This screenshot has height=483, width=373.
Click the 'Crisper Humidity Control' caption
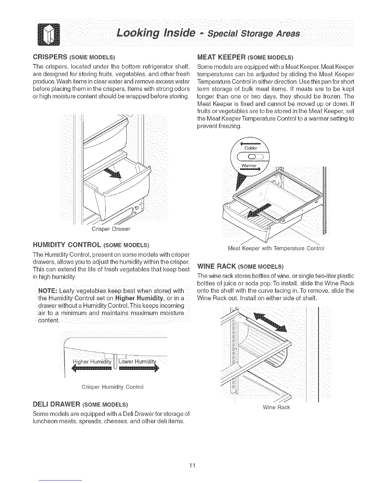click(x=112, y=387)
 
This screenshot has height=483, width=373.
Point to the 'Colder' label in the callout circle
click(x=251, y=148)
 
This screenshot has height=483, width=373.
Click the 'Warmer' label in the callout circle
click(x=249, y=166)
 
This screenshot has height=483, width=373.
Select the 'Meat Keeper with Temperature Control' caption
click(x=276, y=248)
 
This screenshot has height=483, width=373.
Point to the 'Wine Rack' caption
click(x=276, y=407)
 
